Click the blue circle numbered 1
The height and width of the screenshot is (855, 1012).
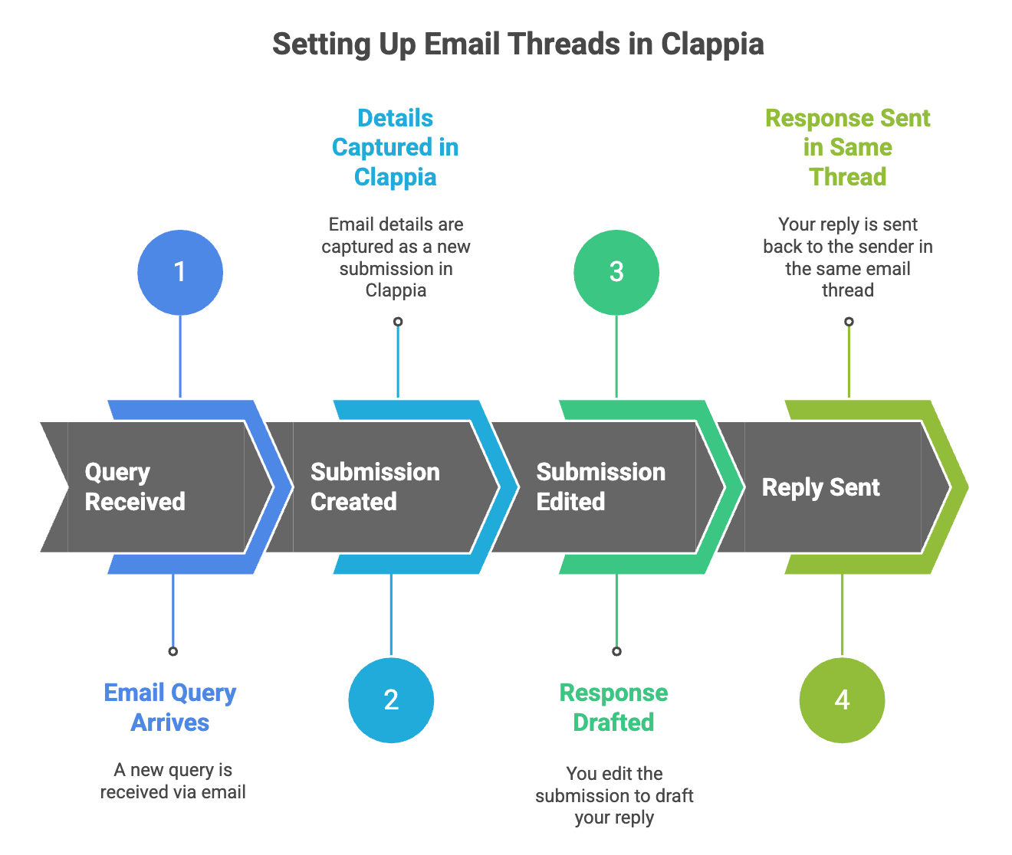[180, 272]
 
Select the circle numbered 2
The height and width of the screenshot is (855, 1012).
[391, 699]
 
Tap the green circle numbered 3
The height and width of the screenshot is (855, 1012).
[616, 272]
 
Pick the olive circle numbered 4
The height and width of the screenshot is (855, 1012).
[842, 699]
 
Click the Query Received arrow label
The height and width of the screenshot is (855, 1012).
[135, 486]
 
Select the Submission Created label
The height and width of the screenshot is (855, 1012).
[375, 486]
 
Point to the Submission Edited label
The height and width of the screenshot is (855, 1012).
[600, 486]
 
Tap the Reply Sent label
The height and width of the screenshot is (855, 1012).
[820, 487]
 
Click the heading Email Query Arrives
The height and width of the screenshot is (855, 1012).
[170, 707]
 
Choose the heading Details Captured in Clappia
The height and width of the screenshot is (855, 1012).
[396, 147]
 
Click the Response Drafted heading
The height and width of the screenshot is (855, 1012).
[613, 707]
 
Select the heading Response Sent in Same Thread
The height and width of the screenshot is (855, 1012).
[848, 147]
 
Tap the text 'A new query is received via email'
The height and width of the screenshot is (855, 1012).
[173, 781]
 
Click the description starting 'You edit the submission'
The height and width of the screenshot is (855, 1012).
[614, 795]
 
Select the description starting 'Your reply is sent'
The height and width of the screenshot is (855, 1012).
[848, 257]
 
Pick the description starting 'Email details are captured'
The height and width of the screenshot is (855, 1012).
[396, 257]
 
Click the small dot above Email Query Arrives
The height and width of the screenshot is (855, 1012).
[173, 651]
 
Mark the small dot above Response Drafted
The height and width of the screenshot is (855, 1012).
[616, 651]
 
